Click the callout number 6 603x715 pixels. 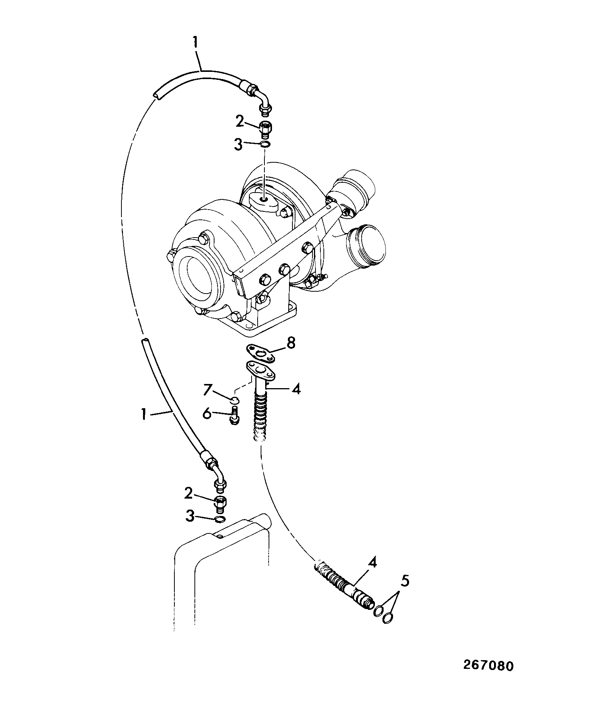tap(208, 413)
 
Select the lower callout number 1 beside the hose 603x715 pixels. tap(144, 414)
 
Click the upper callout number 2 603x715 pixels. tap(240, 121)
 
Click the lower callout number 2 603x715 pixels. tap(189, 493)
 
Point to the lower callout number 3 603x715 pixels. tap(190, 516)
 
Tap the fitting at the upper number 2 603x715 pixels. tap(265, 129)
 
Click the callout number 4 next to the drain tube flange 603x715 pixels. tap(296, 389)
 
